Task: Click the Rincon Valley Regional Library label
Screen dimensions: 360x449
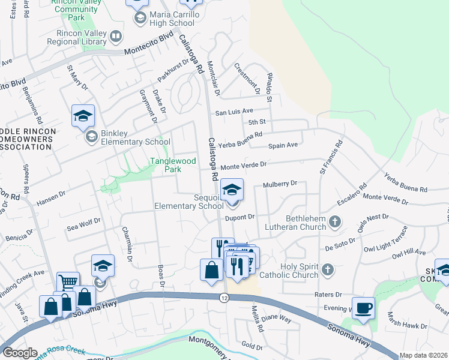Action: point(71,38)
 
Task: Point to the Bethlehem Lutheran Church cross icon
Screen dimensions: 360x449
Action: point(335,223)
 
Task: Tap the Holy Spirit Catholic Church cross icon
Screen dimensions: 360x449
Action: point(328,269)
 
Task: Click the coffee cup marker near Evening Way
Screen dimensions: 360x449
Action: point(363,309)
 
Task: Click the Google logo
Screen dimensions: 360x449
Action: point(20,353)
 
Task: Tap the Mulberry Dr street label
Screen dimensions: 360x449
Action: point(280,184)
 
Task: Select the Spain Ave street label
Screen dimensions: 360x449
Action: point(283,145)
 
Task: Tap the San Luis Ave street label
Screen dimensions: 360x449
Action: point(235,112)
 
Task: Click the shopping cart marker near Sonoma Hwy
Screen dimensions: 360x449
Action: point(68,283)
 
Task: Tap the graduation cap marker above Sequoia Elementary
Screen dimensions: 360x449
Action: point(232,190)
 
